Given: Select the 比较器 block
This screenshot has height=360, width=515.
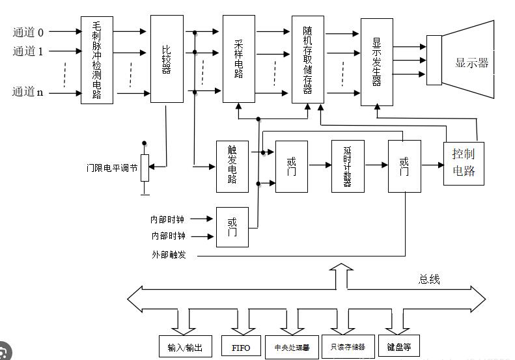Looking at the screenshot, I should point(167,59).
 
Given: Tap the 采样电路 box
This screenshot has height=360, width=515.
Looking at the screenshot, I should point(238,59).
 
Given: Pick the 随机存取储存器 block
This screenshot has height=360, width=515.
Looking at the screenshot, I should point(307,59).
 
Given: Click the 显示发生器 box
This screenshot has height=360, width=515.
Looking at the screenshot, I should point(376,62).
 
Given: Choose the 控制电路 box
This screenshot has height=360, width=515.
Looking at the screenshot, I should point(464,163).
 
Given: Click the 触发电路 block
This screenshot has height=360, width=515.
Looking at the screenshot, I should point(232,166).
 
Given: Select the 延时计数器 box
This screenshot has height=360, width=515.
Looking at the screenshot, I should point(348,165).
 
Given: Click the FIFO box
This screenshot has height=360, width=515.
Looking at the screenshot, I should point(240,346).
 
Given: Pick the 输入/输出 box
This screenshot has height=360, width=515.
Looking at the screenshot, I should point(185,346).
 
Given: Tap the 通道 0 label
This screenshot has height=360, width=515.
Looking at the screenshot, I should point(28,31).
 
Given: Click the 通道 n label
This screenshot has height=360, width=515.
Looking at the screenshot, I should point(28,92).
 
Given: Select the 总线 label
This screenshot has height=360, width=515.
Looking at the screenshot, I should point(429,279).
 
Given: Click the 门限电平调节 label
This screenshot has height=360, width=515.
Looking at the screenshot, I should point(112,167).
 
